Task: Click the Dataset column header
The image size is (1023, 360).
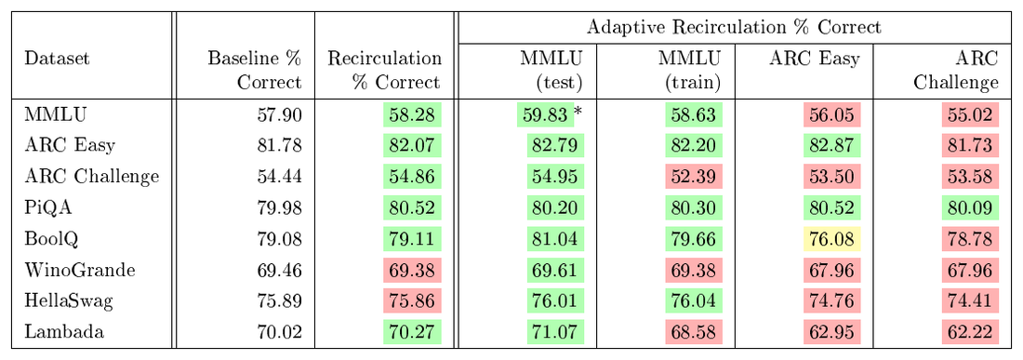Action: [57, 59]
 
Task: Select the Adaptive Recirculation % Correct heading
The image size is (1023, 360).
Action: [734, 27]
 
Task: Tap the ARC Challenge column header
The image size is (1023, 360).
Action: [956, 71]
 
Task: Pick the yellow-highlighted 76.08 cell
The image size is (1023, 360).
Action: [831, 239]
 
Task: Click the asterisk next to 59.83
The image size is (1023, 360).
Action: [578, 113]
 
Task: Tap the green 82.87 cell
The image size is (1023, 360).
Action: [831, 145]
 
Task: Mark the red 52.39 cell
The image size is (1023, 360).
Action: [693, 177]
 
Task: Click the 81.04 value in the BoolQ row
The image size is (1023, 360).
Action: [555, 239]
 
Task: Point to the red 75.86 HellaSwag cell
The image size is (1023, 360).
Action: [412, 302]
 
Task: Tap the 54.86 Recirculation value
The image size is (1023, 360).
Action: [412, 177]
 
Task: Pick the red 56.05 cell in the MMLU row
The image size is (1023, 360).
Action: [831, 114]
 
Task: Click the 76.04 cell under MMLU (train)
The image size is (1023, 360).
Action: [693, 302]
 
